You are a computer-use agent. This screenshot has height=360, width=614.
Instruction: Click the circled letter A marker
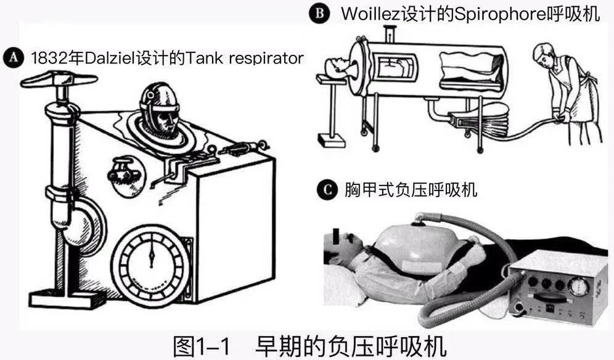point(11,58)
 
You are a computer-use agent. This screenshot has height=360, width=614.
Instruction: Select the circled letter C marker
point(327,190)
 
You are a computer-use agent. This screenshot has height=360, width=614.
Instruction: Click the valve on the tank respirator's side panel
point(122,171)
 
